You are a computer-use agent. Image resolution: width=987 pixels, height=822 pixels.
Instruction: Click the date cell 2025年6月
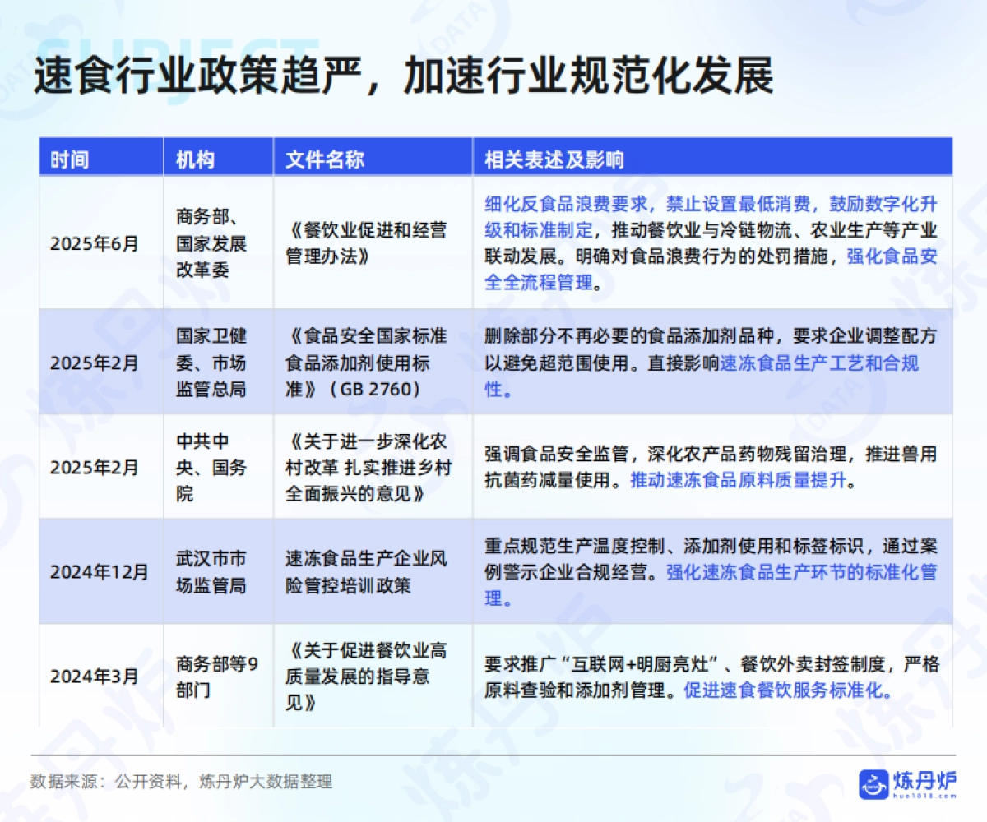click(95, 244)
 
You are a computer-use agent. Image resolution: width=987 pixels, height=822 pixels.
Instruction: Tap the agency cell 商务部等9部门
click(216, 677)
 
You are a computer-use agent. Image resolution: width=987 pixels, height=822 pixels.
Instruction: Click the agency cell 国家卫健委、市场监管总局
click(211, 363)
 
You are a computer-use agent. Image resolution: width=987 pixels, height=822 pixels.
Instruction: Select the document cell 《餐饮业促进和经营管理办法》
click(368, 244)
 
